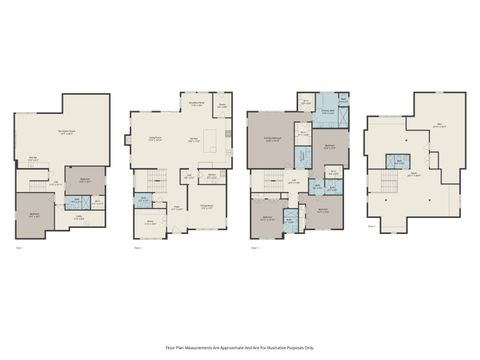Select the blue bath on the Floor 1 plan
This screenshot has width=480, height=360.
84,203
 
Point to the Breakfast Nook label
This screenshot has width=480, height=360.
196,103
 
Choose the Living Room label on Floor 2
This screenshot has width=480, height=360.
157,140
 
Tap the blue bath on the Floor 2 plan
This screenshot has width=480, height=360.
144,200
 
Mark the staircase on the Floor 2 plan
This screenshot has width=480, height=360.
155,180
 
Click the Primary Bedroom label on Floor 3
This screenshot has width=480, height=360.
270,140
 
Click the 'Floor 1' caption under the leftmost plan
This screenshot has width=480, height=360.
20,246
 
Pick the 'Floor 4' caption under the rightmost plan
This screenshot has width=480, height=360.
372,226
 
